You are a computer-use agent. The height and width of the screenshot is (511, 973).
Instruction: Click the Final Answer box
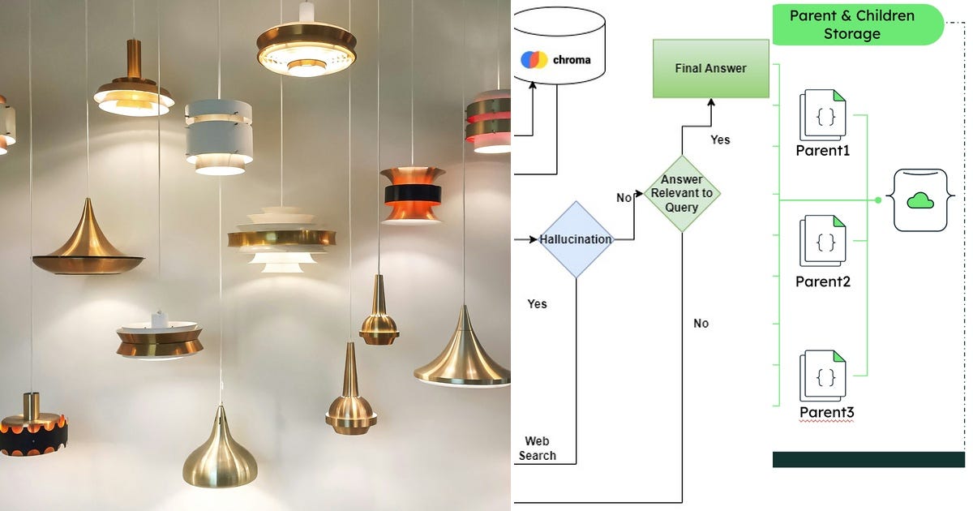click(x=711, y=68)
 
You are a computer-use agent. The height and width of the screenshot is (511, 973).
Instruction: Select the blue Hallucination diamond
click(x=577, y=239)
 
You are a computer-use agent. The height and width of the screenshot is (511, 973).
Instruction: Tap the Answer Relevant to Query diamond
click(x=682, y=193)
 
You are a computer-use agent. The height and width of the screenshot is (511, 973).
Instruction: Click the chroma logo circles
click(x=534, y=59)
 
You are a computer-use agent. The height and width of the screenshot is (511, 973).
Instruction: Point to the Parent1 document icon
click(x=823, y=114)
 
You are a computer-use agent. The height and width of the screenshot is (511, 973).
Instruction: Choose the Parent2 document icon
click(x=823, y=241)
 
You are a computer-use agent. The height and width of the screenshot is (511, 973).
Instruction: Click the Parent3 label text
click(x=826, y=412)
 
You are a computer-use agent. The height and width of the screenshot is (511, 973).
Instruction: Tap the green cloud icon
click(x=920, y=201)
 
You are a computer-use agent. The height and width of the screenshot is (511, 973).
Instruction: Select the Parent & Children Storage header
click(x=858, y=25)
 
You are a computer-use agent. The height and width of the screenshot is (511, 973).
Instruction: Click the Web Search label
click(x=538, y=449)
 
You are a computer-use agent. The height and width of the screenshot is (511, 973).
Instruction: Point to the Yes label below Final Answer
click(x=720, y=140)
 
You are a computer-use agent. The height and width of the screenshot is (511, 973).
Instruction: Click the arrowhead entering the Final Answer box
click(x=711, y=101)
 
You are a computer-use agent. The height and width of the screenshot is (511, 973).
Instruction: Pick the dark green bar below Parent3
click(x=868, y=459)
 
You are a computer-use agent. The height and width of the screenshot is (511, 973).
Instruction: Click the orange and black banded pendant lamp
click(x=412, y=195)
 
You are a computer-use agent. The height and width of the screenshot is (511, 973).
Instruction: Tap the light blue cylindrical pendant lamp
click(x=220, y=136)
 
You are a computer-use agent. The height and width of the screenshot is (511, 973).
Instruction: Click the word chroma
click(x=572, y=60)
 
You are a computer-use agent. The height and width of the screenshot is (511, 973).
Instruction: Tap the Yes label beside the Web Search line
click(x=537, y=303)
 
